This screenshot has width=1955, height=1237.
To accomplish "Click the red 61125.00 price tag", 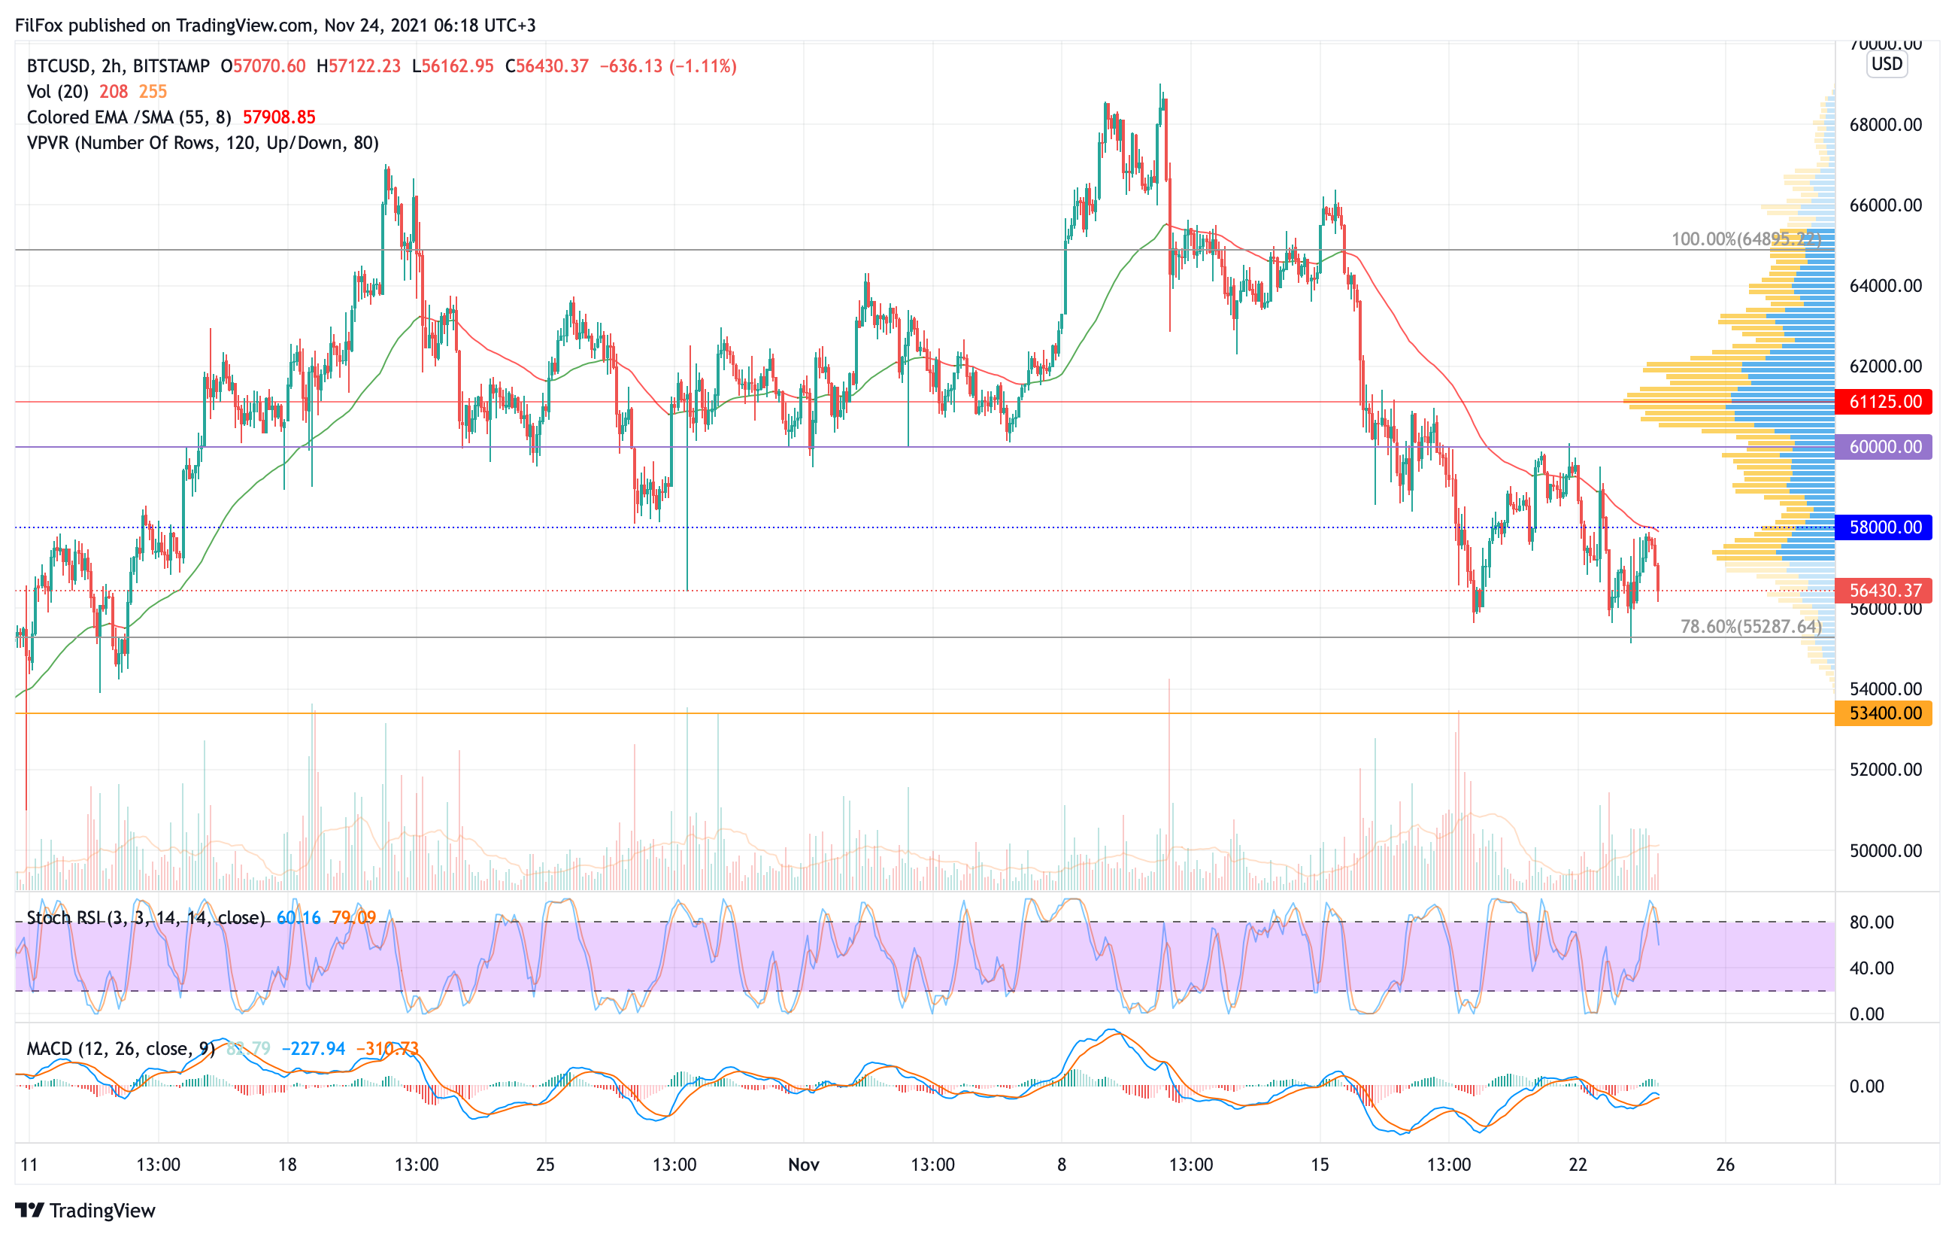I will pos(1884,401).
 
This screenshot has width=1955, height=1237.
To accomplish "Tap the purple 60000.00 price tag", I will pos(1884,447).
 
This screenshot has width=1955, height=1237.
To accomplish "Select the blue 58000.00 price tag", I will pos(1884,527).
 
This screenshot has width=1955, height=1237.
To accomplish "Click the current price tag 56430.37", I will pos(1884,591).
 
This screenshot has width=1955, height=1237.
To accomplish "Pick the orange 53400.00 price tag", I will pos(1884,713).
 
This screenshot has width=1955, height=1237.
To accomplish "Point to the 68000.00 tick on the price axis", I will pos(1885,125).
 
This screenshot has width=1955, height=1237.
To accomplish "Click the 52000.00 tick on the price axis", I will pos(1885,769).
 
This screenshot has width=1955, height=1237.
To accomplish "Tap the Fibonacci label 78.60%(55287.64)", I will pos(1750,626).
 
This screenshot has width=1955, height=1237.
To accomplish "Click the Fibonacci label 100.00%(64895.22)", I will pos(1745,239).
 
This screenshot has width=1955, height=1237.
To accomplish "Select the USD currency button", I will pos(1887,63).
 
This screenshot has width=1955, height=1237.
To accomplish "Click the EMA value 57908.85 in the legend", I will pos(278,117).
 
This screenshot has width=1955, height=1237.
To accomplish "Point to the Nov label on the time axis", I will pos(803,1165).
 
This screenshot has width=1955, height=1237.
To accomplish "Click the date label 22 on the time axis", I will pos(1577,1165).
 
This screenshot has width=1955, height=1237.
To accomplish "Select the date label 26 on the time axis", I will pos(1724,1165).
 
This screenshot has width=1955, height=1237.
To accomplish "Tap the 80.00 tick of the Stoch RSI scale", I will pos(1872,922).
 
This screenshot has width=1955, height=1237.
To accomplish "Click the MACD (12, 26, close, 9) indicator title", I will pos(120,1049).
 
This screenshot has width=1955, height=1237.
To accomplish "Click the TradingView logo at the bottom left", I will pos(85,1210).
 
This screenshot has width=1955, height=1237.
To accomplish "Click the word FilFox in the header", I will pos(39,25).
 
